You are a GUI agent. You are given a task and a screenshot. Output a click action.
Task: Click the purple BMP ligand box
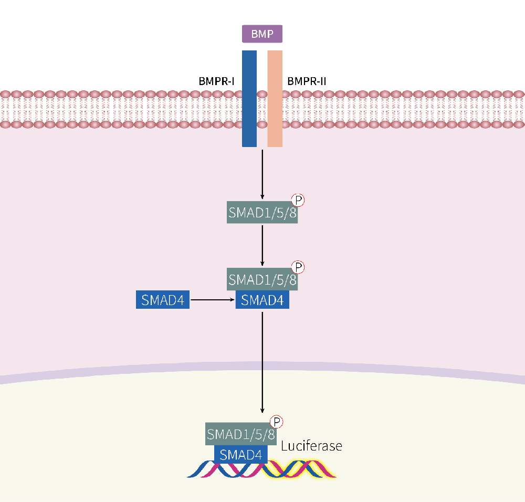point(262,34)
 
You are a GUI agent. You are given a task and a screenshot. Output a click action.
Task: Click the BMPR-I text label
point(216,81)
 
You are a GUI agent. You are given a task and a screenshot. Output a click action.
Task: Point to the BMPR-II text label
point(307,81)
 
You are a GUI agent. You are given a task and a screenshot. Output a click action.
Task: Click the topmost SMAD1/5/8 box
point(262,213)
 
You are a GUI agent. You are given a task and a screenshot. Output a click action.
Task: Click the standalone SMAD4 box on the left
point(163,300)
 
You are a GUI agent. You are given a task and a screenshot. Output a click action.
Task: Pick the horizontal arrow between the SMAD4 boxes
point(212,300)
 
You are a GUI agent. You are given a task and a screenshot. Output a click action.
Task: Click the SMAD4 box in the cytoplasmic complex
point(262,300)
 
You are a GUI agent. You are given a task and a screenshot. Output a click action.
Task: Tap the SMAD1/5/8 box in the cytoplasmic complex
point(262,279)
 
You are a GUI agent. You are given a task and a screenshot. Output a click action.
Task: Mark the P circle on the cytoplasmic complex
point(298,267)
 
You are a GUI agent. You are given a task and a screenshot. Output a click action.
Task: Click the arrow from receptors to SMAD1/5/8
point(262,173)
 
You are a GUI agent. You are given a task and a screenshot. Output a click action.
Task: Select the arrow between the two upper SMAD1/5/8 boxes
point(262,245)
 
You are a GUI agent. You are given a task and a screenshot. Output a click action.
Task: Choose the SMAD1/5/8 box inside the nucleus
point(241,434)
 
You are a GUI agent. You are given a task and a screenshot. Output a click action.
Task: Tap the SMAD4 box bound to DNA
point(241,455)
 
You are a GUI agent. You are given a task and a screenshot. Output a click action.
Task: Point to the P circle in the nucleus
point(276,422)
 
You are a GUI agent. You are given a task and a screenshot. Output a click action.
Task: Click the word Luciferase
point(311,446)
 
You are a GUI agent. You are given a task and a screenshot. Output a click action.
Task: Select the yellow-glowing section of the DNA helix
point(302,469)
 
